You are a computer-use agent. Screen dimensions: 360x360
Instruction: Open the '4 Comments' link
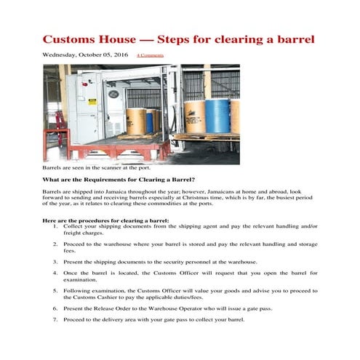(x=150, y=55)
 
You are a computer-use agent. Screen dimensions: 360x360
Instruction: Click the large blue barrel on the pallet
(x=217, y=116)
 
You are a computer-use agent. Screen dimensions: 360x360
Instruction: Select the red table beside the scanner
(x=55, y=139)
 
